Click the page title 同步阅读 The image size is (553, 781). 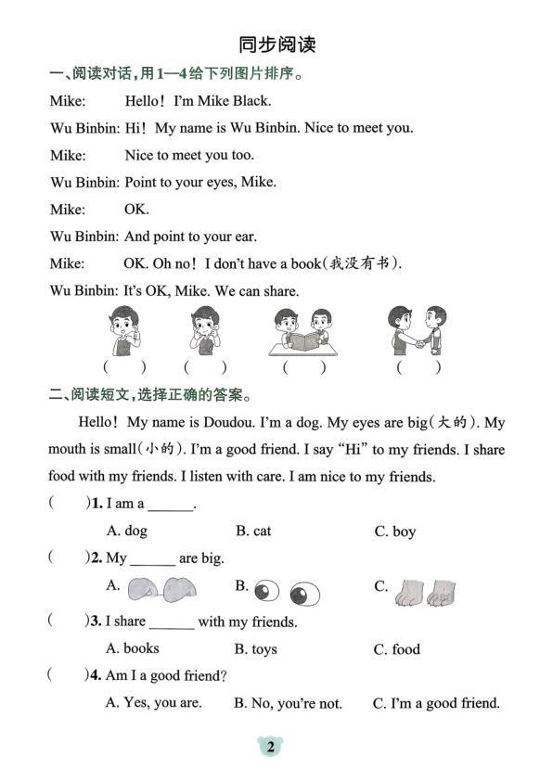276,44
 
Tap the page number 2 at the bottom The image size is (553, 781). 270,747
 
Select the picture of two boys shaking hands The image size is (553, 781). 418,330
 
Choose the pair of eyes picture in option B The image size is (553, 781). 287,590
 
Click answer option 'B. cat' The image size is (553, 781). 252,531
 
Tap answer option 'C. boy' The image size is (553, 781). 394,531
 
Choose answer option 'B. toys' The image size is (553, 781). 255,649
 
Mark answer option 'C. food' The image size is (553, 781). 396,649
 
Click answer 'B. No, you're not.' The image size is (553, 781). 288,703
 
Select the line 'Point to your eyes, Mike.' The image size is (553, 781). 199,182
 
